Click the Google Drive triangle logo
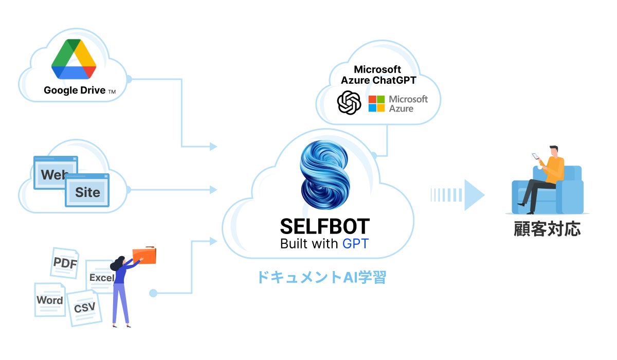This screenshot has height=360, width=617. tap(74, 59)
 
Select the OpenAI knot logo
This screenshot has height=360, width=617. tap(349, 102)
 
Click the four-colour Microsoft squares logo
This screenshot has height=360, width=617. tap(376, 103)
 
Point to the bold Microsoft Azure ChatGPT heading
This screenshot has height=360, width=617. tap(378, 75)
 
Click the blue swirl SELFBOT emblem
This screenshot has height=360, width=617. tap(325, 175)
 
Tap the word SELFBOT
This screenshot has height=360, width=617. tap(325, 226)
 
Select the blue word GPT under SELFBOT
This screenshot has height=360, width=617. tap(355, 244)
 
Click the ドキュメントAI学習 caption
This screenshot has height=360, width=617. tap(322, 277)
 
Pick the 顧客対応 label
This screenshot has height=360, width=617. tap(547, 229)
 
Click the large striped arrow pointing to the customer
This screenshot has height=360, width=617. tap(458, 195)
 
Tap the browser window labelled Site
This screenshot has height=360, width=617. tap(87, 190)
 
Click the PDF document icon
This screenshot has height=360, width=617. tap(65, 263)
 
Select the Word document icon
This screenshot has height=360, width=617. tap(50, 300)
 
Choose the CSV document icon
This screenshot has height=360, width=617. tap(84, 308)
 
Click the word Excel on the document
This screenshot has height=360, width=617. tap(102, 278)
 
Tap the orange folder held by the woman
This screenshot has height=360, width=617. tap(144, 255)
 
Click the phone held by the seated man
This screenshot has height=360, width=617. tap(535, 156)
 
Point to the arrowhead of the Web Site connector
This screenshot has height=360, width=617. tap(213, 190)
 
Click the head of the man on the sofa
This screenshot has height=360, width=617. tap(554, 151)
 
